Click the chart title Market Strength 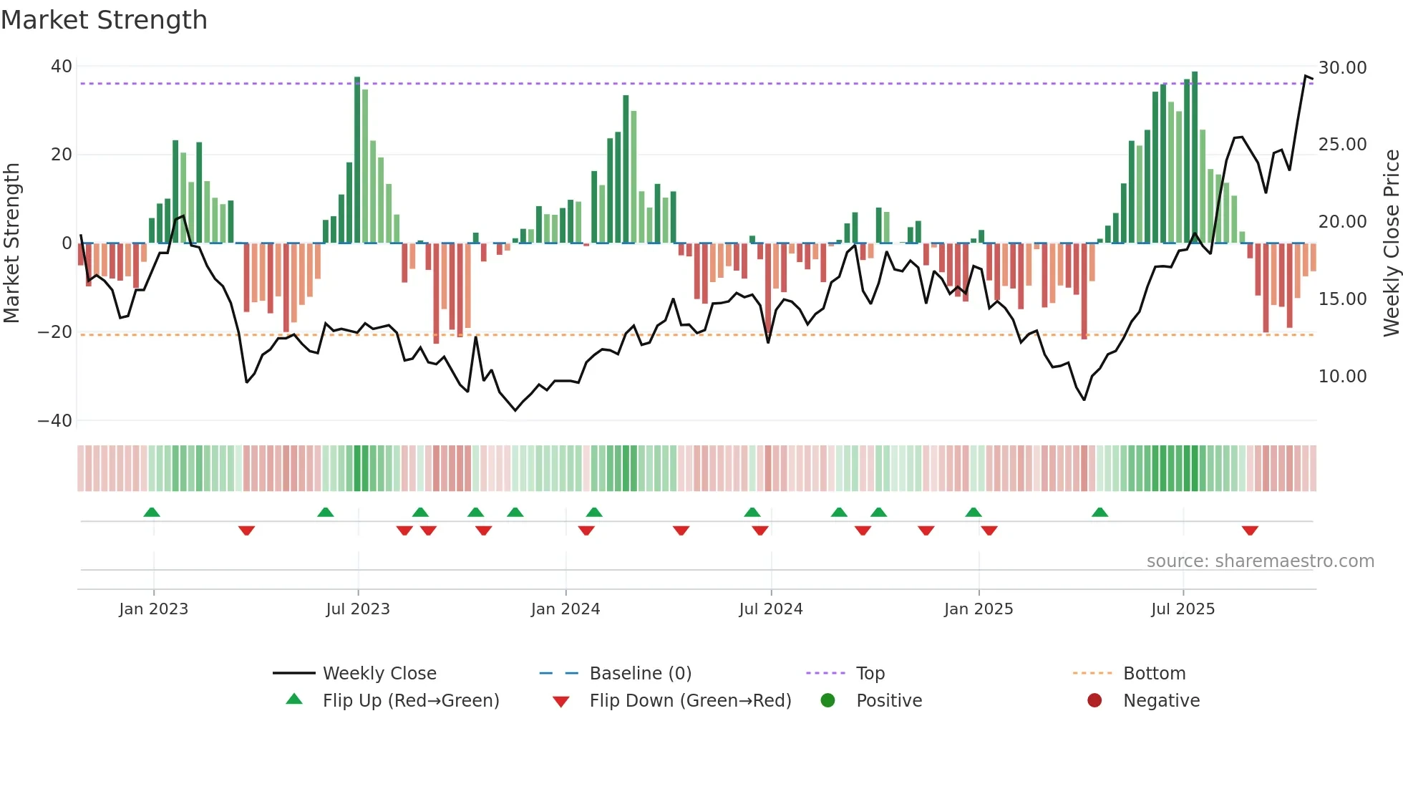tap(104, 20)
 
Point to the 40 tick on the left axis tap(61, 67)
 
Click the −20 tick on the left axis tap(55, 332)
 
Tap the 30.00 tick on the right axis tap(1342, 68)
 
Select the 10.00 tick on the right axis tap(1342, 377)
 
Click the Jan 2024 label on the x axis tap(565, 609)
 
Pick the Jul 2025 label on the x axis tap(1183, 609)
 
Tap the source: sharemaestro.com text tap(1260, 561)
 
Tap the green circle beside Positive tap(828, 701)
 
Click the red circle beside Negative tap(1094, 701)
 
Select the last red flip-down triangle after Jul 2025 tap(1250, 531)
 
